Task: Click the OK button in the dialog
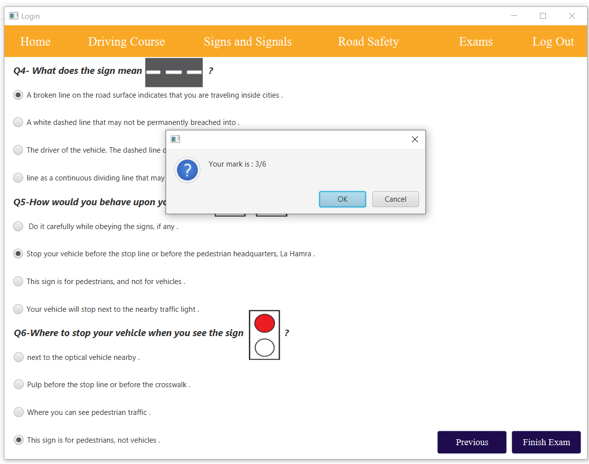pos(342,199)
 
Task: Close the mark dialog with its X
pos(414,139)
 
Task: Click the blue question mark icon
pos(187,170)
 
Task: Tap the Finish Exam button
pos(546,442)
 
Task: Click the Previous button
pos(472,442)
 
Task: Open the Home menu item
pos(35,42)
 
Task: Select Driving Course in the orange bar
pos(126,42)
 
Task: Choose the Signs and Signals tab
pos(247,42)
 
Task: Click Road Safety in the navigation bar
pos(368,42)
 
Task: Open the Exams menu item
pos(475,42)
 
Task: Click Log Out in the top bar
pos(553,42)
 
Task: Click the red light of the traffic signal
pos(264,323)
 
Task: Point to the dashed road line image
pos(174,72)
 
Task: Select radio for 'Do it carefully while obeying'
pos(18,226)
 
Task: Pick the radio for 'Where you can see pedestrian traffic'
pos(18,412)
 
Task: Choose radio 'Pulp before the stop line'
pos(18,384)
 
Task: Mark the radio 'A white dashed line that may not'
pos(18,122)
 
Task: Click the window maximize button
pos(543,16)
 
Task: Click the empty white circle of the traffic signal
pos(264,348)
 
